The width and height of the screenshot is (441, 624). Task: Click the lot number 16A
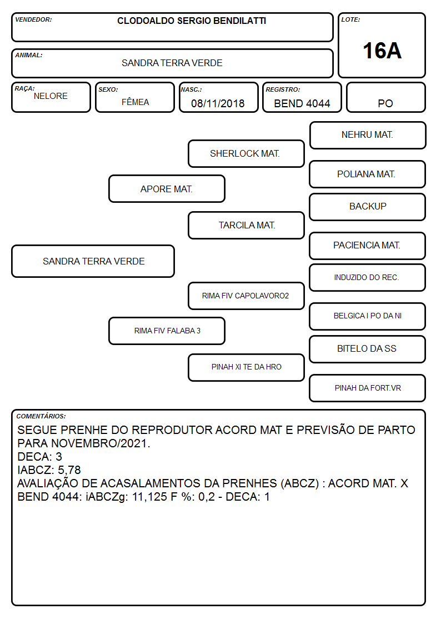[x=382, y=51]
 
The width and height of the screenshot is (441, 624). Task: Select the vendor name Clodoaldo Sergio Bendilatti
[x=192, y=21]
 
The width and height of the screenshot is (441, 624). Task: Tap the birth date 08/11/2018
[x=218, y=103]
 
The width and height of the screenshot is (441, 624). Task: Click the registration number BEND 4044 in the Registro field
[x=302, y=103]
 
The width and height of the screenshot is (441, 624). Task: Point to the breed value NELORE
[x=51, y=96]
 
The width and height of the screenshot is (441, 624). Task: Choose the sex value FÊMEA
[x=135, y=102]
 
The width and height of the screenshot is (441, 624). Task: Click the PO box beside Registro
[x=385, y=97]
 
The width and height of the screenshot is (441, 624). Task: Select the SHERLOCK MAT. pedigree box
[x=246, y=153]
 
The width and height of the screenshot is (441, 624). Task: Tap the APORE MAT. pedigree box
[x=167, y=189]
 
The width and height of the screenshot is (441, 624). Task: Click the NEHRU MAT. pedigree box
[x=368, y=136]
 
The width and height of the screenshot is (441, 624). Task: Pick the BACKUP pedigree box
[x=368, y=207]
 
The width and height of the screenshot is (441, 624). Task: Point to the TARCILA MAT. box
[x=246, y=225]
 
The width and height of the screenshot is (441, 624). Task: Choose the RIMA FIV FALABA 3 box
[x=167, y=331]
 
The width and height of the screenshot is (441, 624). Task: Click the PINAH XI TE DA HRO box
[x=246, y=367]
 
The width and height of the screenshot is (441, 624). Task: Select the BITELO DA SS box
[x=368, y=349]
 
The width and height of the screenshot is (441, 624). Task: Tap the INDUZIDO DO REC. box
[x=368, y=277]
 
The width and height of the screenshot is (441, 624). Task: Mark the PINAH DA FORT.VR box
[x=368, y=388]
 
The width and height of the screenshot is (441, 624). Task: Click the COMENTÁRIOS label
[x=41, y=416]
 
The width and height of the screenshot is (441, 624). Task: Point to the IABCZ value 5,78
[x=69, y=470]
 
